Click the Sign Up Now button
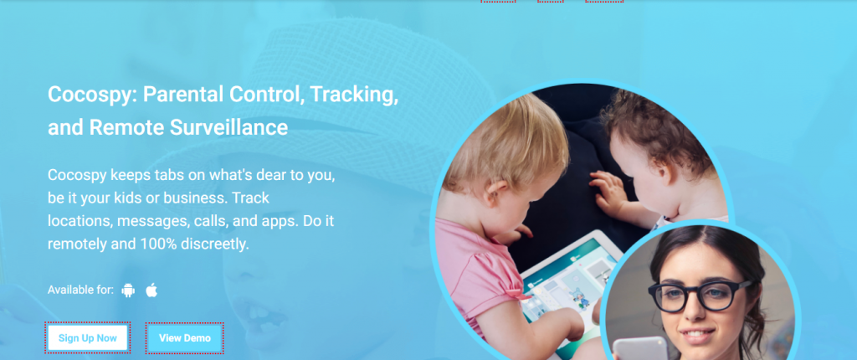87,337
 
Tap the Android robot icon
128,290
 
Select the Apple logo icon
151,290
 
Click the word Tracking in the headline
354,95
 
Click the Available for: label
80,290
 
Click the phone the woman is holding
640,348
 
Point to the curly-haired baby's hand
608,191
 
